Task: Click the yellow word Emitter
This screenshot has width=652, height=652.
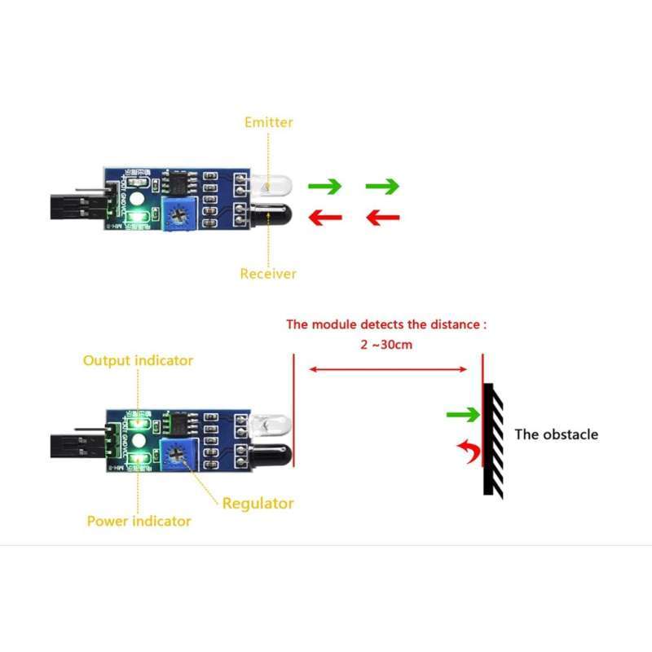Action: point(268,122)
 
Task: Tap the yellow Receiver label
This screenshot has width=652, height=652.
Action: point(268,274)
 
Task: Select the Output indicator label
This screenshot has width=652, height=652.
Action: point(138,360)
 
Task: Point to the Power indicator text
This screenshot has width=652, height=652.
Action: point(139,521)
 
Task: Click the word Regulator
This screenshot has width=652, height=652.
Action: point(258,503)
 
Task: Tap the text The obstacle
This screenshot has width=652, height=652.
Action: point(556,434)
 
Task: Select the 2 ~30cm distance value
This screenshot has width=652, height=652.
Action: point(386,344)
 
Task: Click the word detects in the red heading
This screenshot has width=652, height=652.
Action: point(368,324)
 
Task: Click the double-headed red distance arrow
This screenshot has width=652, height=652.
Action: point(386,370)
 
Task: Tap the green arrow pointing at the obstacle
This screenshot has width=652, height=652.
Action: point(463,416)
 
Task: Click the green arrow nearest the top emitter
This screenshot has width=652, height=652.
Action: point(324,187)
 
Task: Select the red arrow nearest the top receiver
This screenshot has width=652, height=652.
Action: point(324,218)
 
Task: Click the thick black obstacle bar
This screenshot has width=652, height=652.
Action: point(488,438)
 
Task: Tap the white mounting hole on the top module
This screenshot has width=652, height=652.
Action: point(138,199)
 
